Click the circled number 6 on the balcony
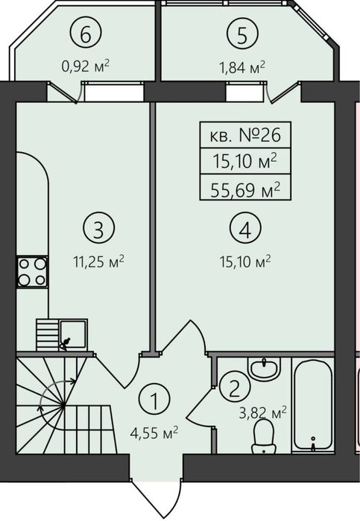(x=86, y=34)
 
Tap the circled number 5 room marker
(x=242, y=34)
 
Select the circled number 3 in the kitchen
(x=98, y=228)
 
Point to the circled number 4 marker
(x=245, y=228)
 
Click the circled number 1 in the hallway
(x=154, y=399)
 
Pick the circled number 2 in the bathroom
(x=234, y=387)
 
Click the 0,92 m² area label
(x=86, y=66)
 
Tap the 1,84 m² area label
(x=242, y=67)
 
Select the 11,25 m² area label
(x=98, y=262)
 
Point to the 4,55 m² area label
(x=154, y=433)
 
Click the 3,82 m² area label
(x=262, y=413)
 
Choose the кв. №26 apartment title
(x=245, y=135)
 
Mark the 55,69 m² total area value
(x=245, y=190)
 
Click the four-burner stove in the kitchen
(x=32, y=272)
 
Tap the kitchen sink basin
(x=73, y=334)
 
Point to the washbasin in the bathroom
(x=265, y=369)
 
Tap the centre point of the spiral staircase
(x=63, y=405)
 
